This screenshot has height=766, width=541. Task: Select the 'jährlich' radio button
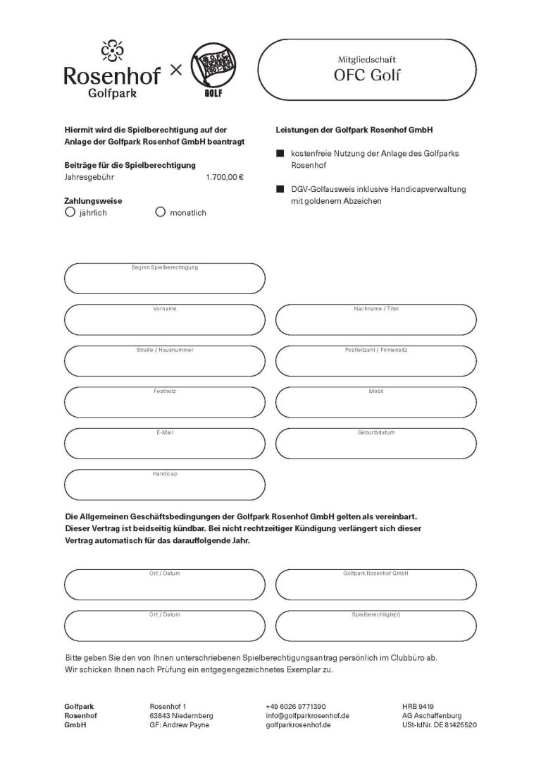pyautogui.click(x=70, y=211)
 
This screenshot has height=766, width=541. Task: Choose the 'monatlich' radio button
pyautogui.click(x=160, y=211)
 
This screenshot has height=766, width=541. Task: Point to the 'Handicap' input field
pyautogui.click(x=164, y=485)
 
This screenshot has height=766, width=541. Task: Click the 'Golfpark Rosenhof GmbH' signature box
pyautogui.click(x=375, y=585)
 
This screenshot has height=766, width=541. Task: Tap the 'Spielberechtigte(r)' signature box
pyautogui.click(x=375, y=626)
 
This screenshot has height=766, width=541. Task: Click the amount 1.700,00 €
pyautogui.click(x=225, y=177)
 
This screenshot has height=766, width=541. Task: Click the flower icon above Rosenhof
pyautogui.click(x=111, y=50)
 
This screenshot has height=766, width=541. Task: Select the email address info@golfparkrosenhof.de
pyautogui.click(x=308, y=715)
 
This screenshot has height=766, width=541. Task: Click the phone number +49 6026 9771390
pyautogui.click(x=296, y=706)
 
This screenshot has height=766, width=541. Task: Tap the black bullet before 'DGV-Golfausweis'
pyautogui.click(x=280, y=190)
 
